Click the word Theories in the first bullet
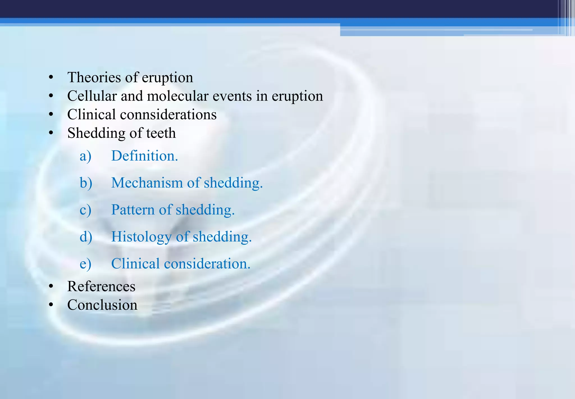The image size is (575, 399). coord(94,77)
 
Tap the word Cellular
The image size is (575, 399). coord(92,96)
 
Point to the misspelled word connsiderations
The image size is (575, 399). coord(168,115)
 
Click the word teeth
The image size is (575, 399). coord(161,133)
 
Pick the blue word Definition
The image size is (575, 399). coord(144,156)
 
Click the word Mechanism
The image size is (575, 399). coord(147,183)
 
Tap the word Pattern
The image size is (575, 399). coord(133,210)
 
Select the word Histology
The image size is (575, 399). coord(141,237)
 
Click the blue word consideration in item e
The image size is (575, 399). coord(207,264)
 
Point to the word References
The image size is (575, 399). coord(101,286)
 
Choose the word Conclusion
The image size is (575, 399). coord(102,305)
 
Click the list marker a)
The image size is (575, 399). coord(85,156)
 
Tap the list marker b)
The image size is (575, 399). coord(86,183)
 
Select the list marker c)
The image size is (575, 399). coord(85,210)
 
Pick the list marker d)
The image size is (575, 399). coord(86,237)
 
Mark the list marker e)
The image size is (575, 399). coord(85,264)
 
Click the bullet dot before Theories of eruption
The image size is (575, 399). coord(51,77)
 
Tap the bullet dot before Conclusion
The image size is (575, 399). coord(51,305)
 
